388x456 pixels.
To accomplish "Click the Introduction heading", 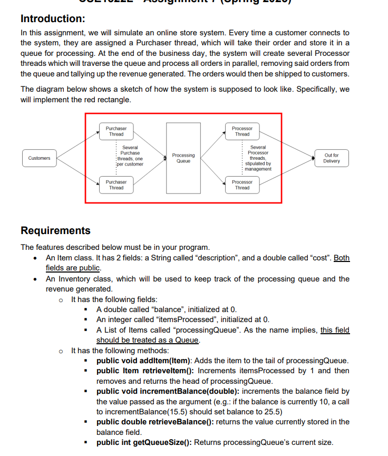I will (x=53, y=18).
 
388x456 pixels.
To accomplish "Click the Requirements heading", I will (x=55, y=230).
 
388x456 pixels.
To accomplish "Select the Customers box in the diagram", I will (x=39, y=158).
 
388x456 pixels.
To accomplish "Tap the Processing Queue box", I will (x=183, y=158).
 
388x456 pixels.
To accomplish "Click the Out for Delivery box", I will (x=332, y=158).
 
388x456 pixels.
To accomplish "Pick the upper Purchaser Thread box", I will (x=116, y=131).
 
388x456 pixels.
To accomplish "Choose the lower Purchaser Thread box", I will (x=116, y=185).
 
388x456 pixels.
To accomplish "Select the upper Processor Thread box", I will (x=242, y=131).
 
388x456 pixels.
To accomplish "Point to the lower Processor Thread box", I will (x=242, y=185).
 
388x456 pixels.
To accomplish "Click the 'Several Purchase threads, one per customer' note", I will (x=130, y=156).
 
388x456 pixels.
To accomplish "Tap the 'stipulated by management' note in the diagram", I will (x=258, y=166).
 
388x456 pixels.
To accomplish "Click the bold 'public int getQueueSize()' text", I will (x=144, y=442).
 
